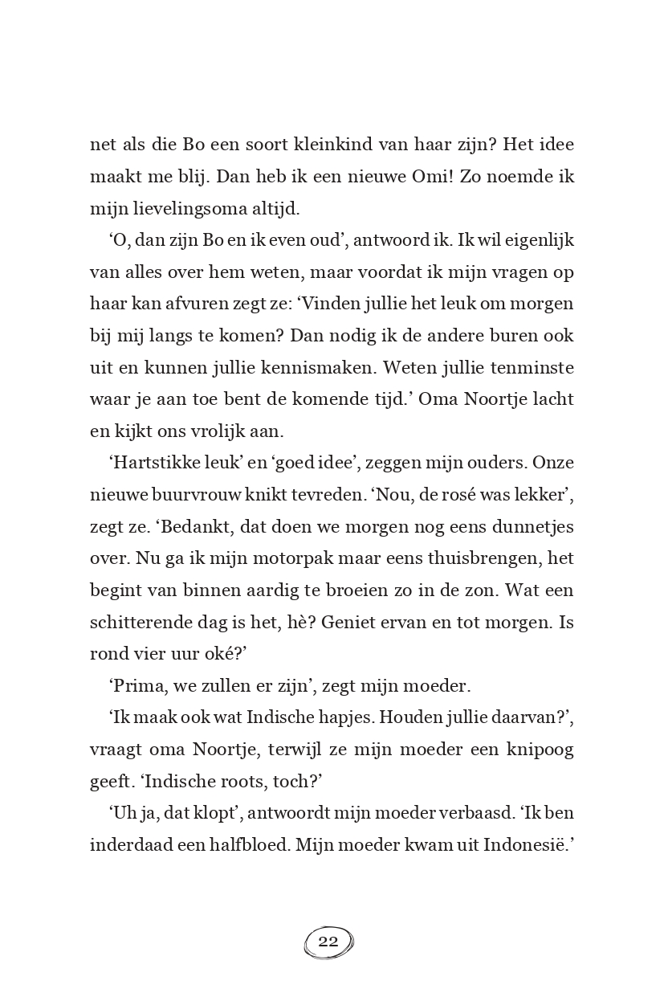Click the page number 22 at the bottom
[x=328, y=942]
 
